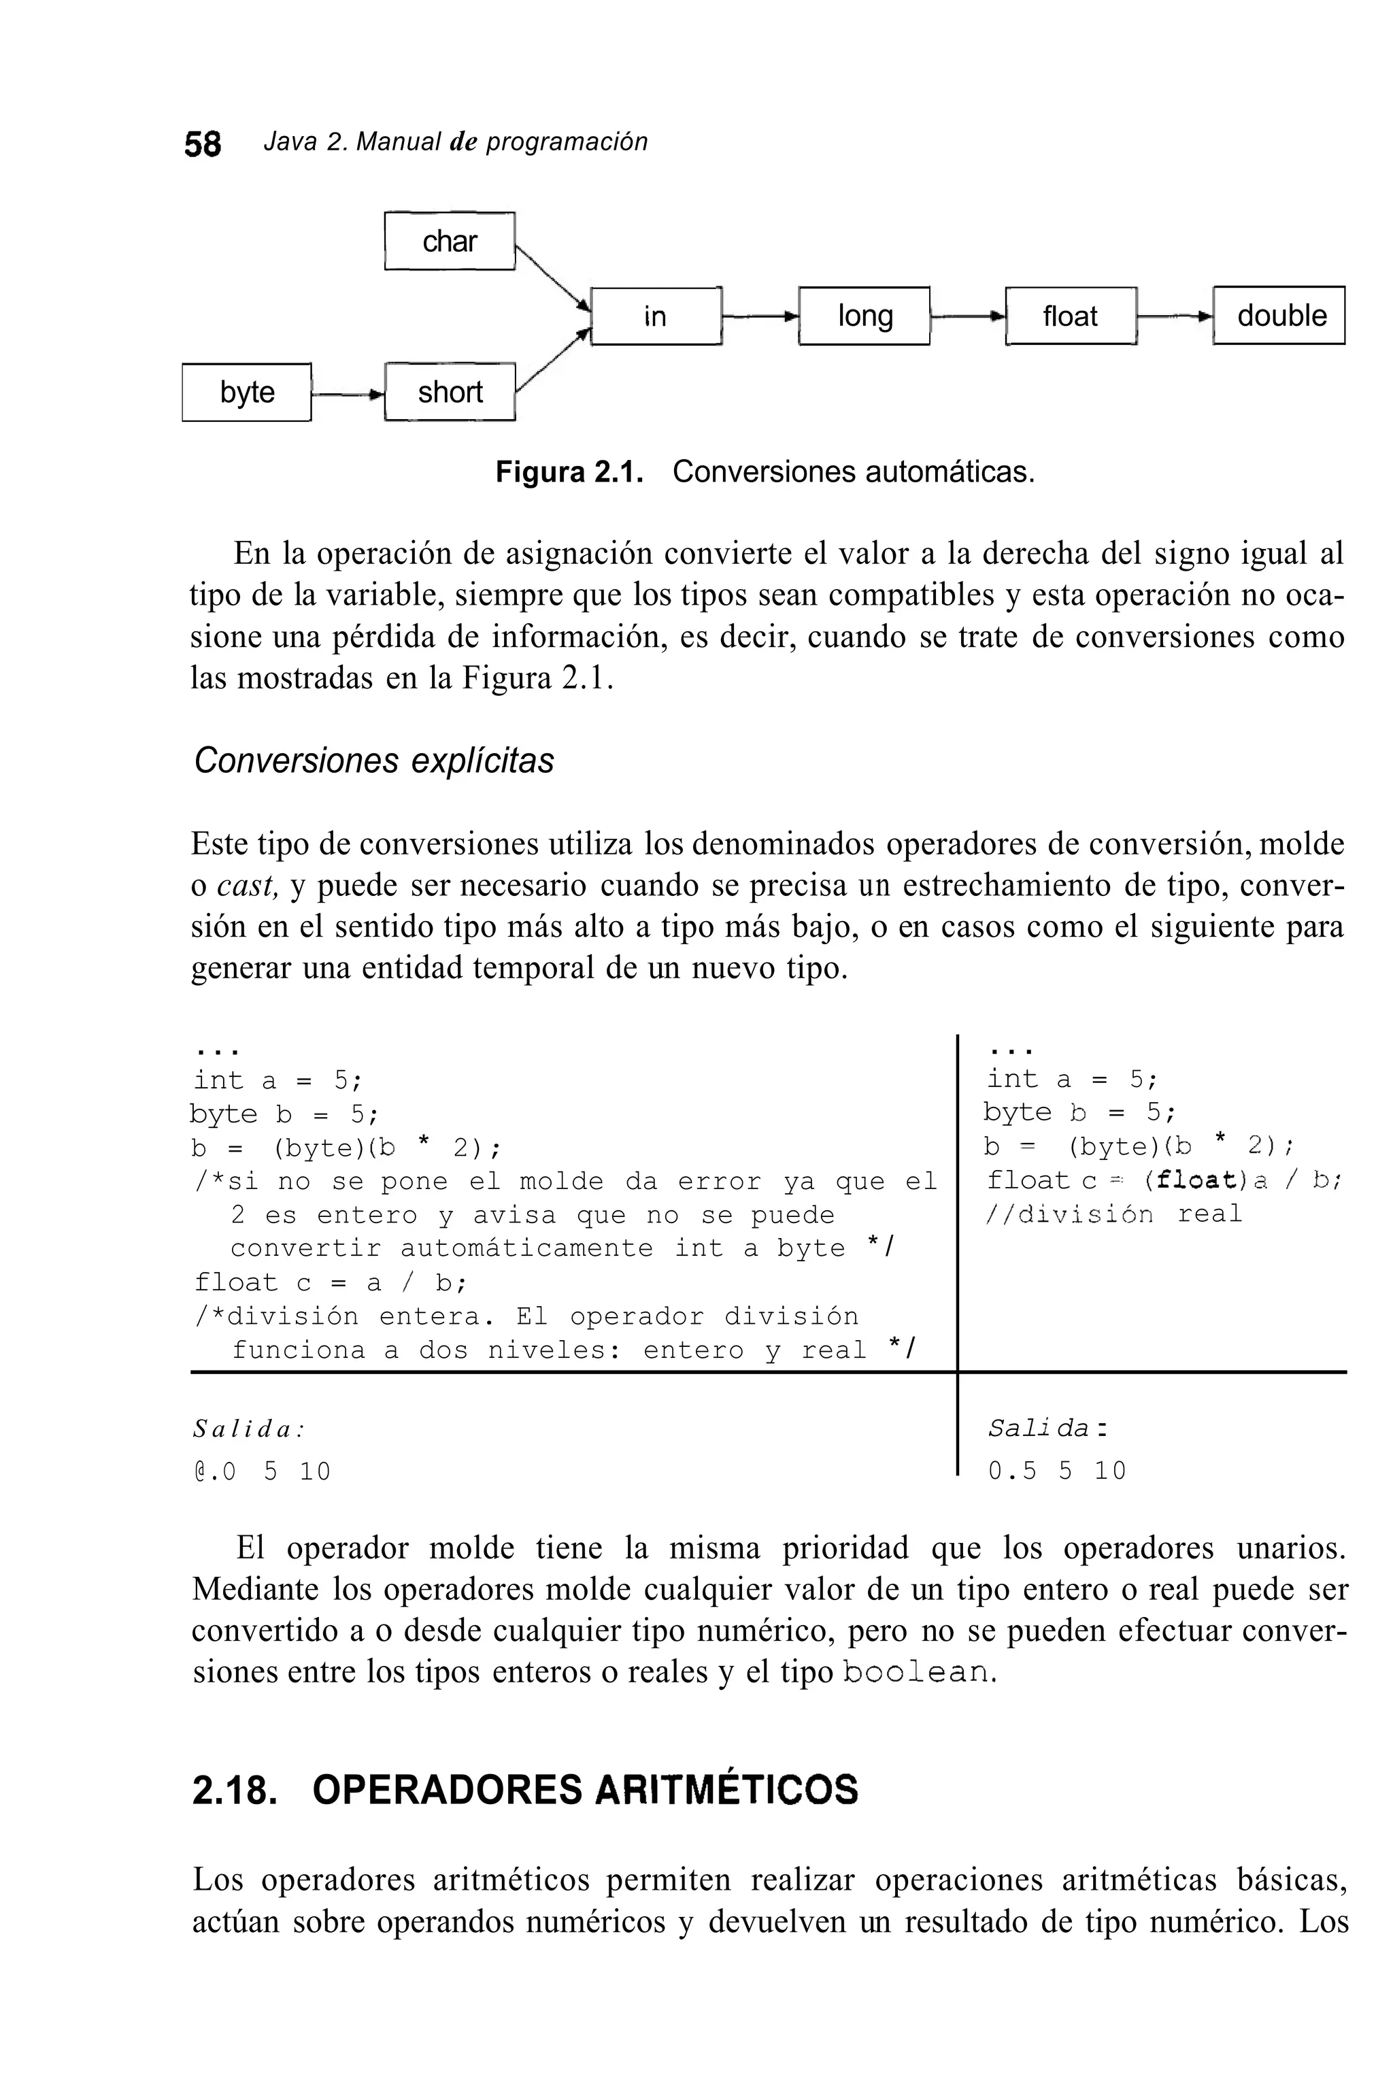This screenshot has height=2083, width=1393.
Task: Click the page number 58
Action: (203, 144)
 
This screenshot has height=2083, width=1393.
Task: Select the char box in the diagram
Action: (450, 241)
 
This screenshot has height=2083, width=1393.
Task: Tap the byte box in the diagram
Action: (247, 392)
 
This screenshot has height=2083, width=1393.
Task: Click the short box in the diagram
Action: (450, 392)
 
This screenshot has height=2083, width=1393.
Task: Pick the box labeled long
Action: (865, 316)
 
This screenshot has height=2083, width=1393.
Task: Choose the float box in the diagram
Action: (1071, 316)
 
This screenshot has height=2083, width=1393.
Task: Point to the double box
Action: (1280, 316)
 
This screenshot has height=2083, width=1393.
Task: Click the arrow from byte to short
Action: (348, 393)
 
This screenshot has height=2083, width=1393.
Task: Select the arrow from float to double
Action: (1175, 316)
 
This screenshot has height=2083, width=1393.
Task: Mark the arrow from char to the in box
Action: (551, 276)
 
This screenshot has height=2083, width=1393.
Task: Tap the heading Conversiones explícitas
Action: (373, 761)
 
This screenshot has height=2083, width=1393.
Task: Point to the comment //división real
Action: (1114, 1214)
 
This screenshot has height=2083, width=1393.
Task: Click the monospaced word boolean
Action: (915, 1673)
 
